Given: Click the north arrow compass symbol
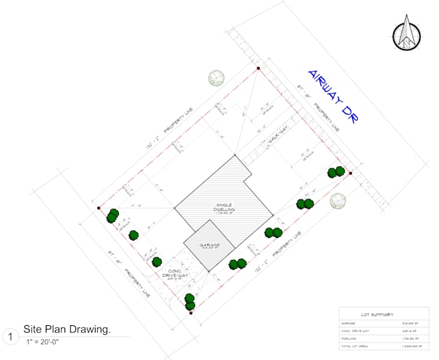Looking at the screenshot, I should [406, 34].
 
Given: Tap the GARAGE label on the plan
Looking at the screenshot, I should [209, 245].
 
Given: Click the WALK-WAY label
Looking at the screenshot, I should [276, 137].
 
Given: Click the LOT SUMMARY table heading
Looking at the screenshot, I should [378, 314].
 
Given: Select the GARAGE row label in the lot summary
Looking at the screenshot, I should [349, 324].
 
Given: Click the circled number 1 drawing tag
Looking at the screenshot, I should [10, 336].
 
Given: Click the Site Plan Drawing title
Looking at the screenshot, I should [66, 330].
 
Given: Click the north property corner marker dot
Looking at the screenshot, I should [258, 67].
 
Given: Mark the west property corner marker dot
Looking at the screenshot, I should [98, 208].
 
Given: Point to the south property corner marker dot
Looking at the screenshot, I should [191, 313].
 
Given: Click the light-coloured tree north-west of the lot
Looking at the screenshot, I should [216, 79].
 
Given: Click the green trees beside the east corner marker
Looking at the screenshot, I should [336, 172].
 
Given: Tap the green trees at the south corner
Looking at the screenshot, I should [190, 301].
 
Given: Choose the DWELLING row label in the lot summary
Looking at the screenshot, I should [349, 338].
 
